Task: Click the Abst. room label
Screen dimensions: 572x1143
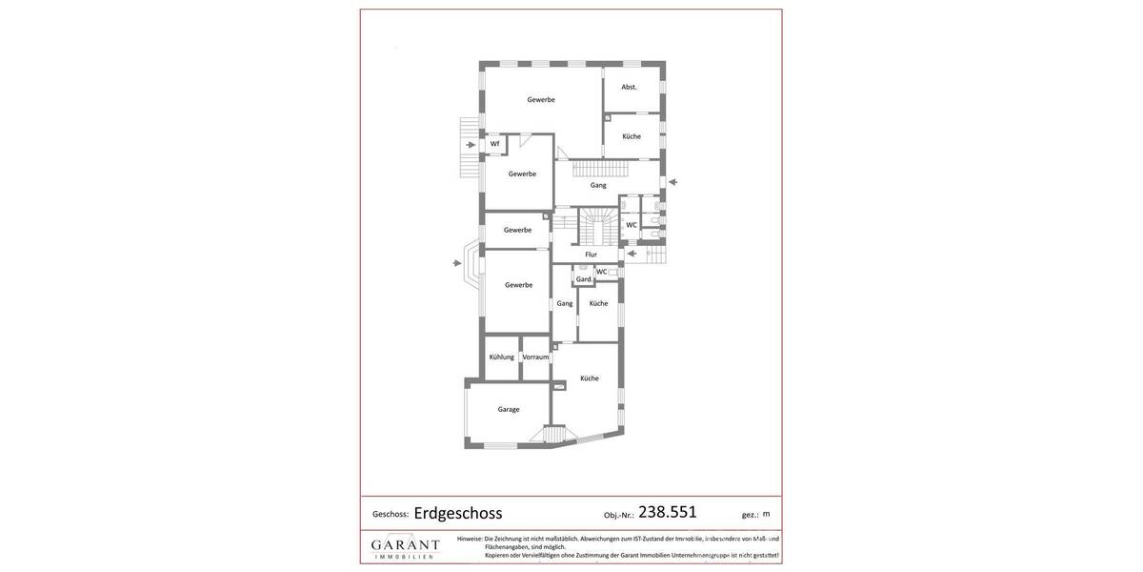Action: coord(629,87)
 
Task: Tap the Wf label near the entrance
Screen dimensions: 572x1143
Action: coord(494,144)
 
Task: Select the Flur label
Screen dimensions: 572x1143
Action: coord(591,255)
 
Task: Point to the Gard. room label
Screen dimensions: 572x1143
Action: coord(583,279)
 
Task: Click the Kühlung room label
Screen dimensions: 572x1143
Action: coord(501,357)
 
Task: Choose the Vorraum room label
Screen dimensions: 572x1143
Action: coord(535,357)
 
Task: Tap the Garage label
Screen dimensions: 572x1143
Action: coord(509,409)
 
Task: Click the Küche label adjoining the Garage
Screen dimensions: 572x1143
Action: coord(590,378)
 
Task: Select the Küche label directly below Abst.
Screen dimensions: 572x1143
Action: coord(632,136)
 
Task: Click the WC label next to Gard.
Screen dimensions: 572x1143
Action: coord(601,272)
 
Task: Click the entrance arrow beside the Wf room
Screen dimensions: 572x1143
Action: coord(471,145)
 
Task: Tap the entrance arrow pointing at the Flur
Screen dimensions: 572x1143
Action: coord(632,253)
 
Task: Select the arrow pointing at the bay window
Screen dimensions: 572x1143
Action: coord(457,262)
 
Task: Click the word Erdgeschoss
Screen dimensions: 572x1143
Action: coord(457,513)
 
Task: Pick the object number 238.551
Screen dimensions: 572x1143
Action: coord(667,512)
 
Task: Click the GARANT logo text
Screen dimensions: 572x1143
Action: coord(405,544)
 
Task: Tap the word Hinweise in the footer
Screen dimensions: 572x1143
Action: coord(469,539)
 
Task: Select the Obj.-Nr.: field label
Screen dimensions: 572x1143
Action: coord(618,515)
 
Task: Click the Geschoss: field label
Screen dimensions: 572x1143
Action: coord(391,514)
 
